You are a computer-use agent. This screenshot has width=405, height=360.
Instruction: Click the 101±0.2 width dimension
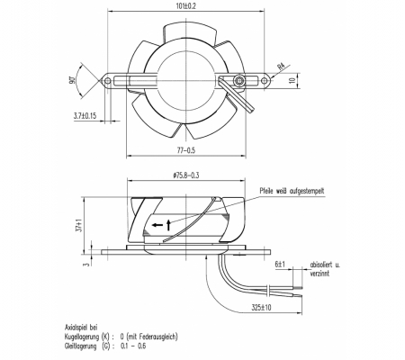click(x=186, y=6)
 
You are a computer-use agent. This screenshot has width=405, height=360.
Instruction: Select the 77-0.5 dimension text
click(x=186, y=150)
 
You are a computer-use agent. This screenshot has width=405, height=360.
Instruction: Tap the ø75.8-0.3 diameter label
click(x=186, y=175)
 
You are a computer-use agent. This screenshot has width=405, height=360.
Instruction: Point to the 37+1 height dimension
click(x=79, y=225)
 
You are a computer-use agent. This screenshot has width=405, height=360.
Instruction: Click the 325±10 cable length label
click(x=261, y=308)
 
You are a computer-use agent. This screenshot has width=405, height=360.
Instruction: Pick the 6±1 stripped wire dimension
click(x=280, y=265)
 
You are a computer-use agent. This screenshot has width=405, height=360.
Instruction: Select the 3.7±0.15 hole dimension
click(x=85, y=116)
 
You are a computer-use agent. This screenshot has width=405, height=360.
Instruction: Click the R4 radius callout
click(x=281, y=67)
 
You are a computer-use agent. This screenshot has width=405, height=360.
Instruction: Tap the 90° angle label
click(x=72, y=80)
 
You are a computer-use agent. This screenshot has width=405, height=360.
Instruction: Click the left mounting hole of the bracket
click(x=108, y=81)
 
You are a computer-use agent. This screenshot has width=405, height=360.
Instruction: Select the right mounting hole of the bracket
click(x=264, y=81)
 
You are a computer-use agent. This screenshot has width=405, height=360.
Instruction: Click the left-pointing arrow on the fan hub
click(x=157, y=225)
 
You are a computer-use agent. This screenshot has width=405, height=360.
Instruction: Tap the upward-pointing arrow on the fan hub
click(x=168, y=225)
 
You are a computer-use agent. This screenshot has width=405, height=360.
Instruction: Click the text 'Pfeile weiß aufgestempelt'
click(x=292, y=191)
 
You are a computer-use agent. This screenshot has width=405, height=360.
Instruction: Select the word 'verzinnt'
click(x=319, y=274)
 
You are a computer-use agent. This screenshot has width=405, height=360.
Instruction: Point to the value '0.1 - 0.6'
click(x=133, y=346)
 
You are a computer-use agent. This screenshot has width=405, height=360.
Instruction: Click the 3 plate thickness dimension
click(x=87, y=264)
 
